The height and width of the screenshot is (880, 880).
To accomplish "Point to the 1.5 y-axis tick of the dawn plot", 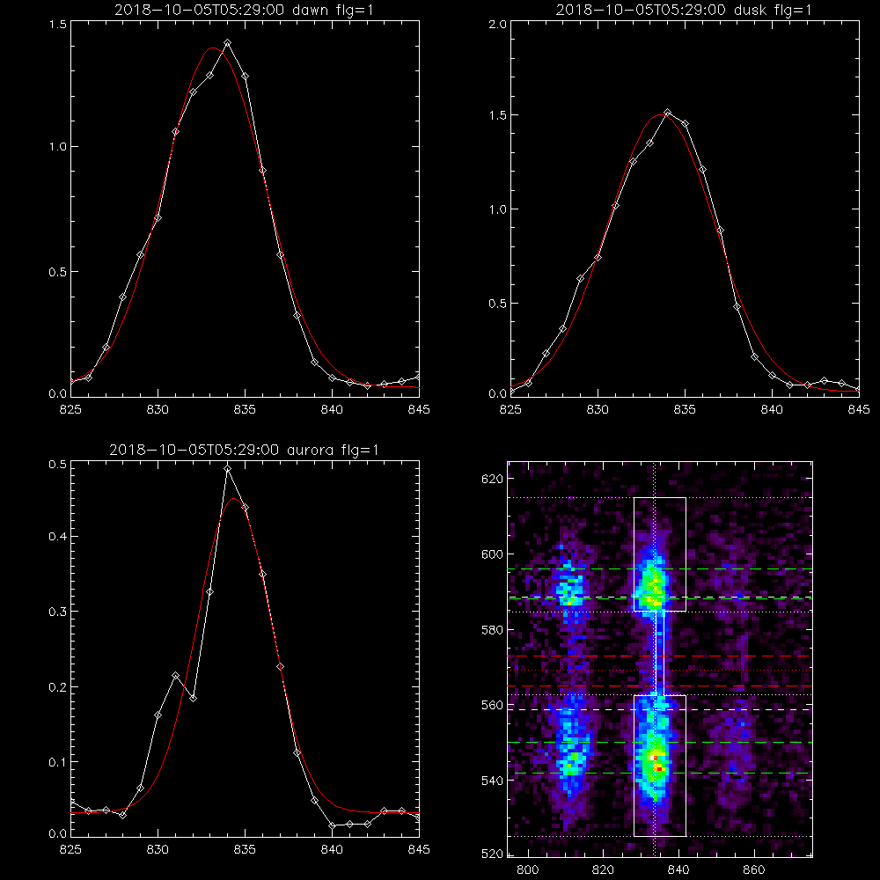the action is pos(58,25).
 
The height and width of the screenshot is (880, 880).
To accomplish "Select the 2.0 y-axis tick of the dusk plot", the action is pos(498,25).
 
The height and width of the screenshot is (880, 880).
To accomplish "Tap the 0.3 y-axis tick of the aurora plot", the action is pos(58,612).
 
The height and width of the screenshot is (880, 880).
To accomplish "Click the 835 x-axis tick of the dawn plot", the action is pos(245,410).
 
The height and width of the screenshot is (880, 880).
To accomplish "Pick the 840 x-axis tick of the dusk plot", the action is pos(773,410).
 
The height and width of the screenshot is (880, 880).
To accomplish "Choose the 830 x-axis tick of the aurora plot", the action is pos(158,850).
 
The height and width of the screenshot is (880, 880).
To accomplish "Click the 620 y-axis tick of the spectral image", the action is pos(493,479).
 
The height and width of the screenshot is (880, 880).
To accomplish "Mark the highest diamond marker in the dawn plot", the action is pos(227,42).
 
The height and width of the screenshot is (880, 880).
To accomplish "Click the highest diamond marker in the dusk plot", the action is pos(667,113).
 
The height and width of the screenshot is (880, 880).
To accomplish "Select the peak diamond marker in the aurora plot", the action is pos(227,468).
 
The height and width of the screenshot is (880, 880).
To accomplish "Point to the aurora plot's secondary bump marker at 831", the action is pos(175,676).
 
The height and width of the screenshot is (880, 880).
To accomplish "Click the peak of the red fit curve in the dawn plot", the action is pos(213,48).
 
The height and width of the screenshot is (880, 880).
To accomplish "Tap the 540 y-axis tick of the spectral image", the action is pos(493,781).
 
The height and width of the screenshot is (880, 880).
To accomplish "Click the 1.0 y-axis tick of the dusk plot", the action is pos(498,209).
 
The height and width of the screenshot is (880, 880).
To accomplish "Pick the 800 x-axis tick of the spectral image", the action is pos(527,870).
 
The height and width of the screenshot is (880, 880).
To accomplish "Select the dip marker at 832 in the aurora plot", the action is pos(193,698).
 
